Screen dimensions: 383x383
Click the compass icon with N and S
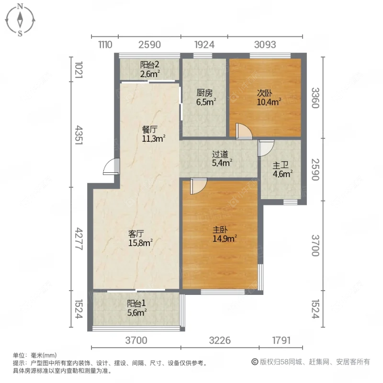[x=20, y=20]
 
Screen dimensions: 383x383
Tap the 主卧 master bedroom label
[x=221, y=229]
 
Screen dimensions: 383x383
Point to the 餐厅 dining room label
[x=150, y=129]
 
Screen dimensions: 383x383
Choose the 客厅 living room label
[x=136, y=234]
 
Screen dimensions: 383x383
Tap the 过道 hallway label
[x=221, y=154]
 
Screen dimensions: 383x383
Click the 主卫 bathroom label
[x=280, y=166]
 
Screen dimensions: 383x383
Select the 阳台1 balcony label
[x=136, y=303]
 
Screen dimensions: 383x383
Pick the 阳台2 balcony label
[x=149, y=65]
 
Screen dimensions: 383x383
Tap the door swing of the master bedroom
[x=198, y=186]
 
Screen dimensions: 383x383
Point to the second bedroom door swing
[x=244, y=131]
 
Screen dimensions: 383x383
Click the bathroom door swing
[x=265, y=147]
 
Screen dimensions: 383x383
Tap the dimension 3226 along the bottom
[x=220, y=341]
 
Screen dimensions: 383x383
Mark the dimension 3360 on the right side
[x=315, y=98]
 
